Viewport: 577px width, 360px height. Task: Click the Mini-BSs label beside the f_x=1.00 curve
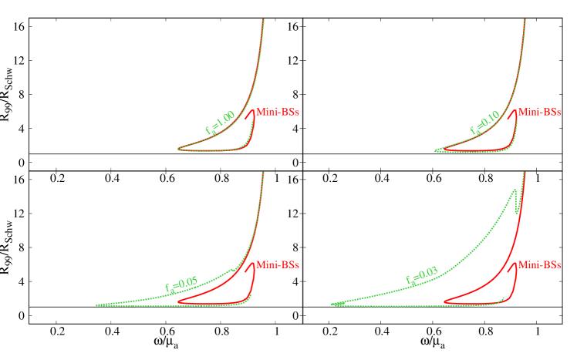[x=277, y=112]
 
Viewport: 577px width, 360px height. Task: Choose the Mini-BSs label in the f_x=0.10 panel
[x=539, y=112]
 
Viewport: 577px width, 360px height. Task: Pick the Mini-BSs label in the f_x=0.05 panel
[x=277, y=264]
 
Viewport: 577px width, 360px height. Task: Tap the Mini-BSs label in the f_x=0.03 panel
[x=539, y=264]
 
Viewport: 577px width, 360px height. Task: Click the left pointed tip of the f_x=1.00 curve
[x=178, y=148]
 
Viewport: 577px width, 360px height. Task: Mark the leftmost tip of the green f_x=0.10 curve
[x=434, y=150]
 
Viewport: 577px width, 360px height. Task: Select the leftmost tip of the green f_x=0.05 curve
[x=96, y=304]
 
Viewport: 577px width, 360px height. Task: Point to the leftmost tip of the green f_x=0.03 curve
[x=332, y=304]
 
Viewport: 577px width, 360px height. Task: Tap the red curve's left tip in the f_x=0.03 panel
[x=444, y=301]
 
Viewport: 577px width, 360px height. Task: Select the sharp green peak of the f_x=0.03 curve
[x=515, y=190]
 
